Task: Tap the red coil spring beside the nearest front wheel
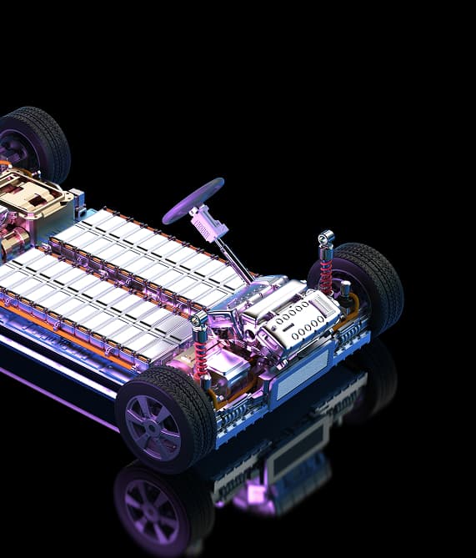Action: tap(201, 354)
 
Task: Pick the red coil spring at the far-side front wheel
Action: tap(325, 271)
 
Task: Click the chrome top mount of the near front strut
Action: tap(198, 320)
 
